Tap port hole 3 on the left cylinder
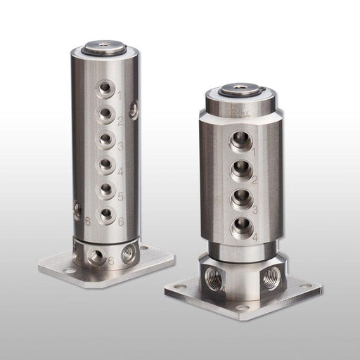[105, 138]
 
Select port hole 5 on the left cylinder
[106, 188]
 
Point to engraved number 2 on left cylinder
[121, 121]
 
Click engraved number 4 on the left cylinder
[121, 172]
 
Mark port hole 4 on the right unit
[240, 226]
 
